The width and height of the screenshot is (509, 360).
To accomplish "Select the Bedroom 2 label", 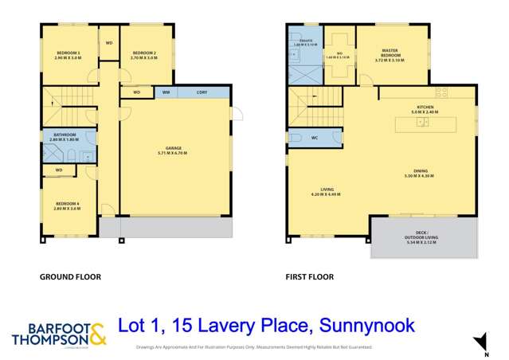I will click(143, 56).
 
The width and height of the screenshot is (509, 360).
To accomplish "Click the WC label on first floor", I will click(315, 138).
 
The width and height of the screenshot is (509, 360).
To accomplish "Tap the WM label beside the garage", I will click(166, 92).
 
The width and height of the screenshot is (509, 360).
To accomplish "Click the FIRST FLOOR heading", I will click(310, 277).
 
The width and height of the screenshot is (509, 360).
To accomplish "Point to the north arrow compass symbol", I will click(476, 342).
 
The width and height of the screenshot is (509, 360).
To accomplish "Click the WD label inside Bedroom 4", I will click(58, 170).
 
